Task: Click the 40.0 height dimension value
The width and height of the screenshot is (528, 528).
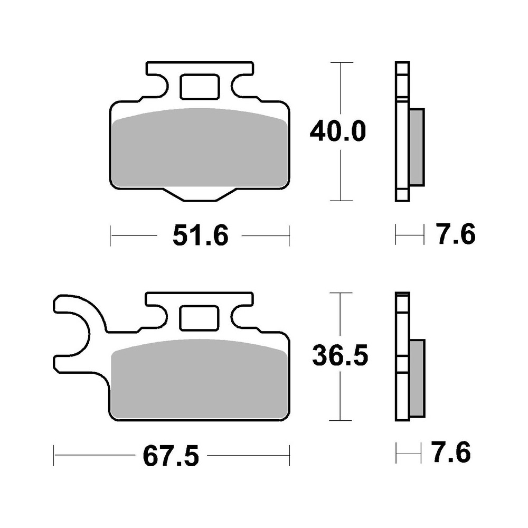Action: pos(336,132)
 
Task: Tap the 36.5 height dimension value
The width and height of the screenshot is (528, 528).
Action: pos(340,357)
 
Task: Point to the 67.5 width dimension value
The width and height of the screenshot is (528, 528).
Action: pos(172,455)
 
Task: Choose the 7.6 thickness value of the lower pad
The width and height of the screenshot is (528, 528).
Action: pos(450,454)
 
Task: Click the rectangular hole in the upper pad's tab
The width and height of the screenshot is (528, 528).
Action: pos(200,87)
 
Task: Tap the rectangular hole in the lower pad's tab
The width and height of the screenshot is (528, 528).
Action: pos(199,317)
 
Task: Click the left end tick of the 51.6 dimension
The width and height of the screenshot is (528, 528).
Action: pos(110,235)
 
